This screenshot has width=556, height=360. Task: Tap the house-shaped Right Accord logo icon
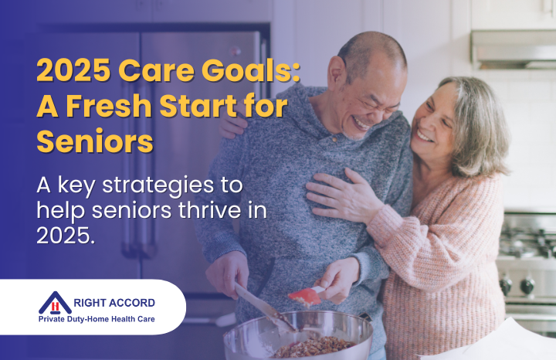(55, 304)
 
